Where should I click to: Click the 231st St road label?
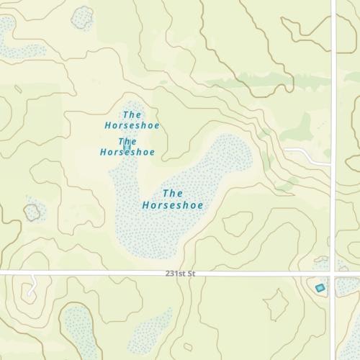tap(180, 274)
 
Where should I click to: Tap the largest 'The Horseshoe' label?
tap(172, 199)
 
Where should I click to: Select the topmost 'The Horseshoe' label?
tap(132, 120)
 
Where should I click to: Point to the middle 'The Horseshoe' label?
tap(127, 147)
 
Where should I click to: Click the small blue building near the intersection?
tap(320, 288)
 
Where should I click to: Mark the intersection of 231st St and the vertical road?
tap(333, 274)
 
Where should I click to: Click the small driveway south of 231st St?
tap(30, 287)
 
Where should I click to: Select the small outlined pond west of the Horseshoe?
tap(32, 212)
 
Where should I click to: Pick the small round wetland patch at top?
tap(82, 17)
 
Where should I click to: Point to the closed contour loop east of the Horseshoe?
tap(238, 223)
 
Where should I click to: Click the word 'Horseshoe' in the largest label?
tap(172, 206)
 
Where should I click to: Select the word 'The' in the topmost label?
tap(132, 114)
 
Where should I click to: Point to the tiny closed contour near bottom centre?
tap(187, 348)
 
